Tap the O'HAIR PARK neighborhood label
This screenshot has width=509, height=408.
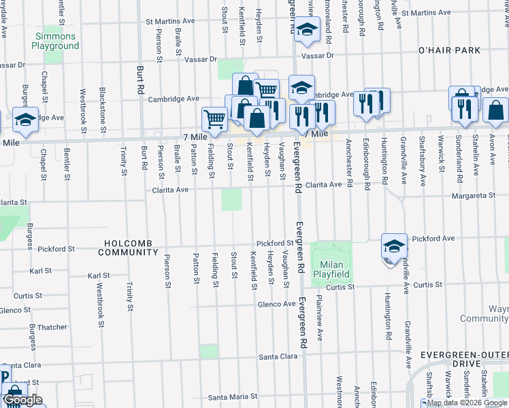point(449,50)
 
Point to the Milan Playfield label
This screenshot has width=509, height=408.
point(331,269)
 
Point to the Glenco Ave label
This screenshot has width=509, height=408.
point(276,304)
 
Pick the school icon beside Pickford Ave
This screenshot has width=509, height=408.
point(394,246)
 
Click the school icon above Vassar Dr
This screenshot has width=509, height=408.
point(307,29)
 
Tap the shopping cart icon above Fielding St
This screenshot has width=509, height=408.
point(214,119)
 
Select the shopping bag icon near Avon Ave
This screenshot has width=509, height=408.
point(496,110)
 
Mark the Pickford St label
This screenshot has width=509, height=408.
point(274,243)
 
